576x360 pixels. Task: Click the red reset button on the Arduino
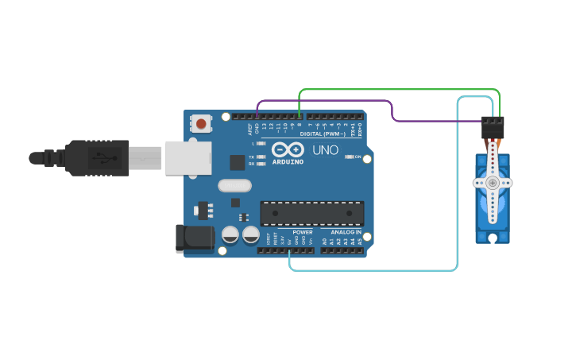point(202,123)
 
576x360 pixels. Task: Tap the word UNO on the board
point(325,149)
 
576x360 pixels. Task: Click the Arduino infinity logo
point(287,149)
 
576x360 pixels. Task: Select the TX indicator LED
point(261,157)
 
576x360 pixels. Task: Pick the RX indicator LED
point(261,164)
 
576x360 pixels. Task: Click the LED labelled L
point(261,144)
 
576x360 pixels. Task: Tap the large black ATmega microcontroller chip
point(312,212)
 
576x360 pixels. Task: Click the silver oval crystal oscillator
point(234,185)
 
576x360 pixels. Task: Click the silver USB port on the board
point(188,157)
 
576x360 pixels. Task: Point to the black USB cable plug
point(95,157)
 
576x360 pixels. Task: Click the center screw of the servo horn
point(493,183)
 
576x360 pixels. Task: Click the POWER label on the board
point(303,232)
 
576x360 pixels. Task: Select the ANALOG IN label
point(346,232)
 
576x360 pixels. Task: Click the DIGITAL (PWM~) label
point(322,134)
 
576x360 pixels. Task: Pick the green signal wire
point(397,90)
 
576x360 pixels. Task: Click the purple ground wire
point(326,101)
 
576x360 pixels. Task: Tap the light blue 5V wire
point(373,270)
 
